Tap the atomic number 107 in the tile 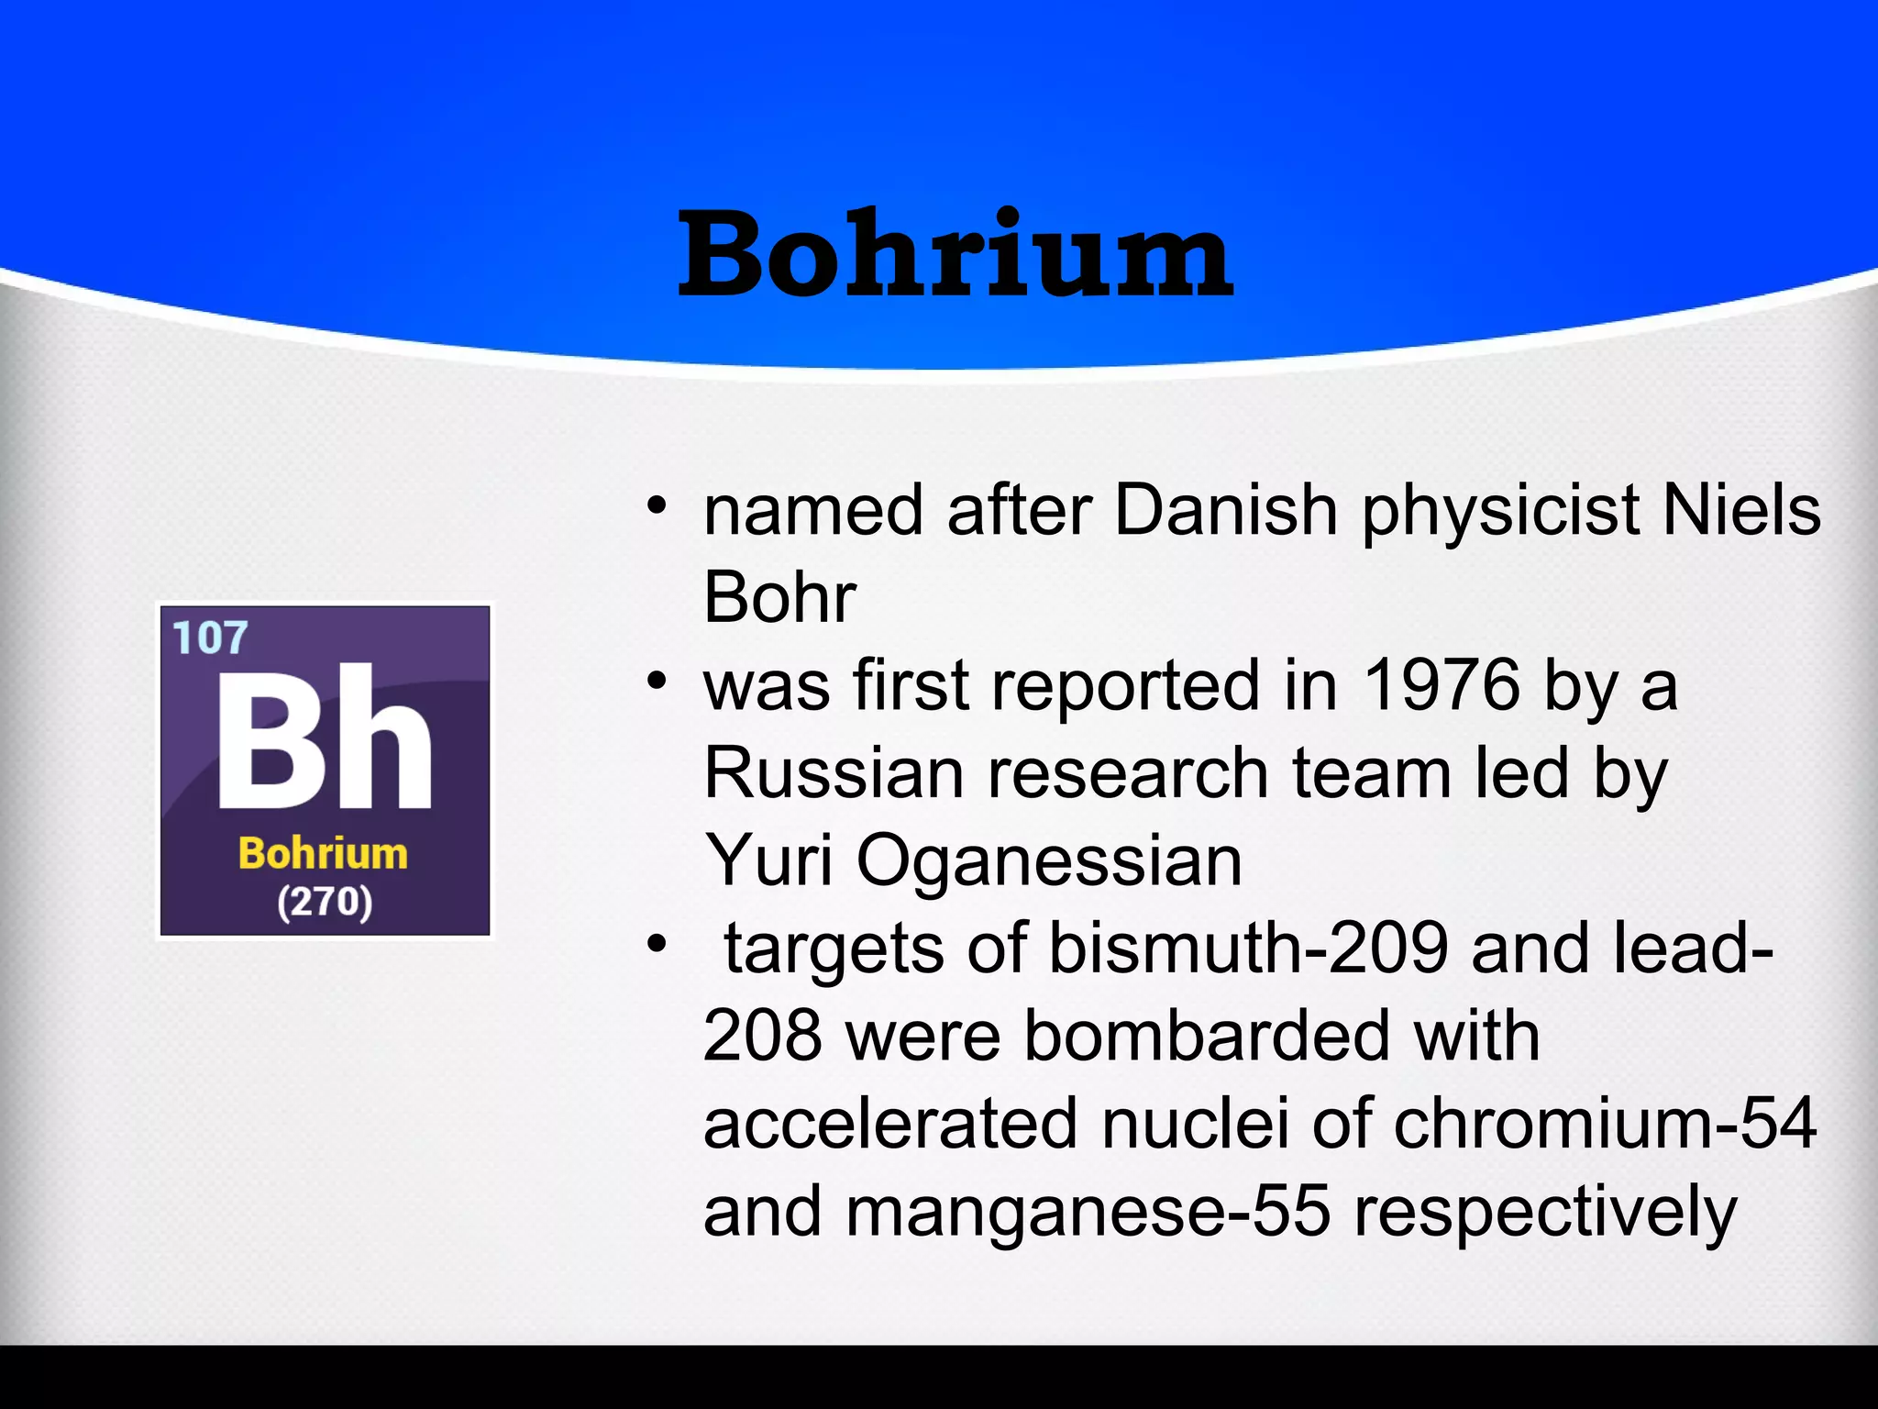pos(210,638)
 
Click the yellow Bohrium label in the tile pos(323,854)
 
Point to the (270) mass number pos(325,902)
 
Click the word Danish pos(1226,510)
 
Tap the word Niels pos(1741,510)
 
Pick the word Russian pos(833,773)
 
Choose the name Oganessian pos(1049,862)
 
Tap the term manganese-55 pos(1088,1212)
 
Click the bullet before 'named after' pos(656,506)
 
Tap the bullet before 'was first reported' pos(656,682)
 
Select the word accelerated pos(890,1124)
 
